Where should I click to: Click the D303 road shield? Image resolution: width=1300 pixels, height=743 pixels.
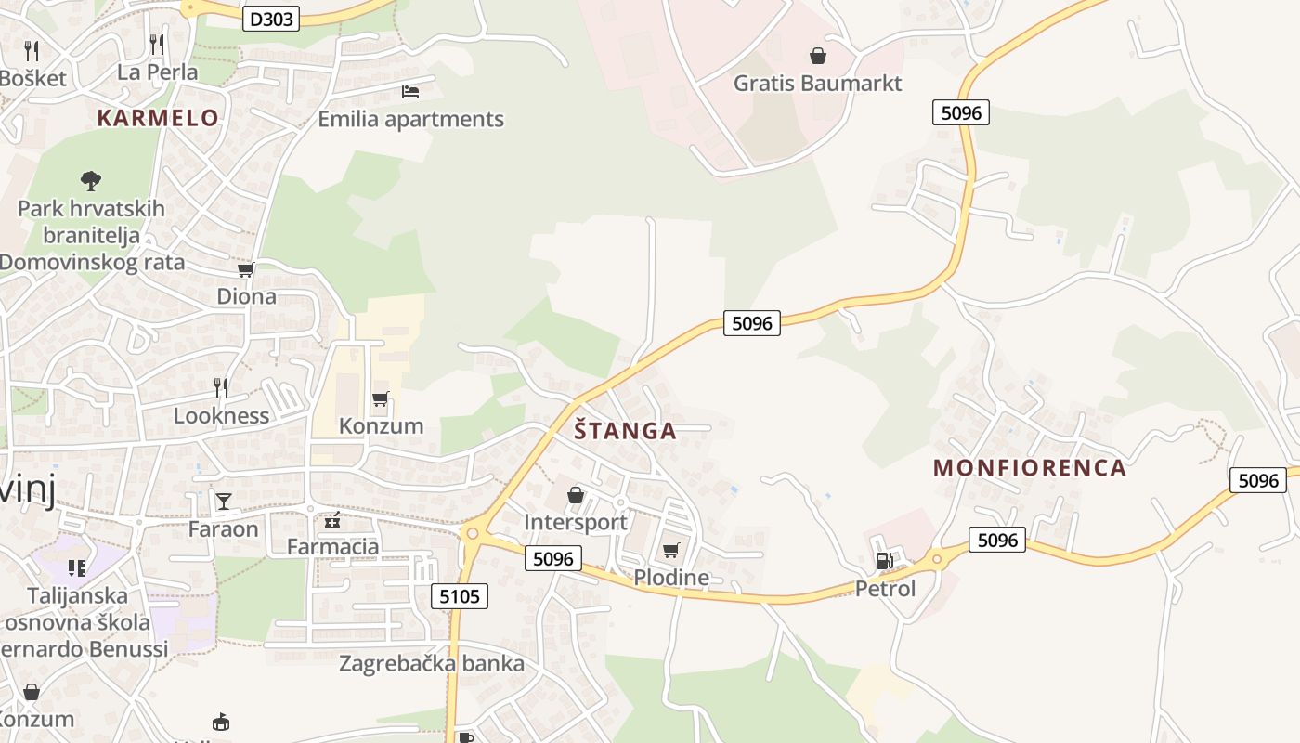[272, 18]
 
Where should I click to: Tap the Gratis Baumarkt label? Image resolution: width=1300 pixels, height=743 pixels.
[817, 84]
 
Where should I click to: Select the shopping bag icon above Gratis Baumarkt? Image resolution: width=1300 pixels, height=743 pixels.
[817, 56]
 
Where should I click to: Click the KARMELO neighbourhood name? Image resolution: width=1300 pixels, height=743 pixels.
[158, 118]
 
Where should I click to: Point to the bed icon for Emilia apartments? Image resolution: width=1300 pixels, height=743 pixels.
[409, 91]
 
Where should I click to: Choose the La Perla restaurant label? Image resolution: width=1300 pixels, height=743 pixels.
[157, 72]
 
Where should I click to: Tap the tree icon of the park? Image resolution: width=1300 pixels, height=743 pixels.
[90, 180]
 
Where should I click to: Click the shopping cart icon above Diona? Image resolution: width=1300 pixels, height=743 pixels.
[245, 269]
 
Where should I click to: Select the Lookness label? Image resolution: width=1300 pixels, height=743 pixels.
[221, 415]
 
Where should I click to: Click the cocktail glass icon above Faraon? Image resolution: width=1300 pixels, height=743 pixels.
[223, 502]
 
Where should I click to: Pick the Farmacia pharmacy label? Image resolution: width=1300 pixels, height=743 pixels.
[332, 546]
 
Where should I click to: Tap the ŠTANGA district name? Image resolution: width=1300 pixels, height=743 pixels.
[625, 431]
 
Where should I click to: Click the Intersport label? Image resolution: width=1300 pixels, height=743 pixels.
[576, 522]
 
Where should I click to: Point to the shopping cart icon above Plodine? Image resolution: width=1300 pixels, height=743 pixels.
[670, 550]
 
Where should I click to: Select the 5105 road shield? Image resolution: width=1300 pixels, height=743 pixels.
[460, 596]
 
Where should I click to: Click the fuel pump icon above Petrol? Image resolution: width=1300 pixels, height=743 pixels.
[884, 560]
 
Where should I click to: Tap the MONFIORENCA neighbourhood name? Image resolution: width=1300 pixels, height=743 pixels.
[1030, 467]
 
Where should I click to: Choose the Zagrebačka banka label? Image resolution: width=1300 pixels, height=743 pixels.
[432, 664]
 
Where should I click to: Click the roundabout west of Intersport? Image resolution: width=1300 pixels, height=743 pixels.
[473, 533]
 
